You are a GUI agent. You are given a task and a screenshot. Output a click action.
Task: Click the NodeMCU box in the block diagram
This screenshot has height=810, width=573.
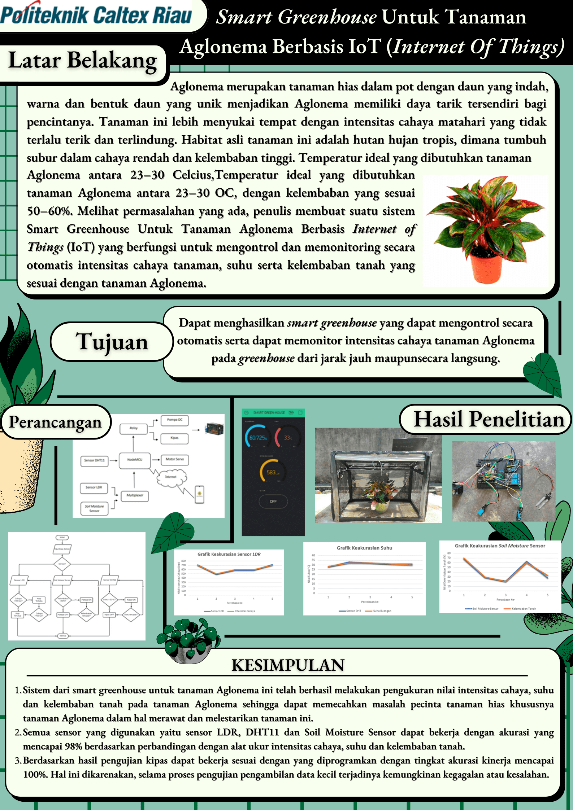point(134,460)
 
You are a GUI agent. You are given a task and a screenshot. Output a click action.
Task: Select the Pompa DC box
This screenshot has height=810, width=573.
point(175,420)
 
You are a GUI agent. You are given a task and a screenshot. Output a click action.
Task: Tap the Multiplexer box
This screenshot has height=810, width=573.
point(135,495)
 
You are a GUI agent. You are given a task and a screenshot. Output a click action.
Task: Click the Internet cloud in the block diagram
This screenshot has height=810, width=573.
point(171,477)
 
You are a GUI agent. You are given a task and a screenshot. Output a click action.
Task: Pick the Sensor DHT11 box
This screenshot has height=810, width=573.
point(94,461)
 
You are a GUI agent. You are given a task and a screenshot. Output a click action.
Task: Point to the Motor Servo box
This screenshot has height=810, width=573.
point(175,459)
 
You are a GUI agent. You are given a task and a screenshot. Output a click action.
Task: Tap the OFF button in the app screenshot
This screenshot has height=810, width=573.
point(273,501)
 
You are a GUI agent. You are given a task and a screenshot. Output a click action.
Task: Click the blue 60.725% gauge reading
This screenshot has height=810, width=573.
point(258,438)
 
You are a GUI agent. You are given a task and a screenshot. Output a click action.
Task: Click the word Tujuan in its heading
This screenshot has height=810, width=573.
point(112,342)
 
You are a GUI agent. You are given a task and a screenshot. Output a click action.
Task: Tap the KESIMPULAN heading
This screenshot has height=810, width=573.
point(288,665)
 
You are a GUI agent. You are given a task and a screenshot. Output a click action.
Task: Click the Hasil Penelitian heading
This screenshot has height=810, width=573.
point(489,419)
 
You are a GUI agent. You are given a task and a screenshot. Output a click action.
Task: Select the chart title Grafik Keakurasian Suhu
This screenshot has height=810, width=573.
point(364,548)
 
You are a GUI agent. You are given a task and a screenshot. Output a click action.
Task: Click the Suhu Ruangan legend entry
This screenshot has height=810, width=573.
point(381,611)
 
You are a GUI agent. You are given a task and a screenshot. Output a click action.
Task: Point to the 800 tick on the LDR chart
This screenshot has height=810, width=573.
point(183,561)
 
